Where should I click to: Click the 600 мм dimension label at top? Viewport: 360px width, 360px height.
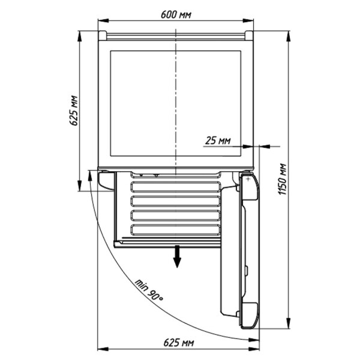176,14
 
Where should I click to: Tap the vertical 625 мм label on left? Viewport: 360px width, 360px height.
74,110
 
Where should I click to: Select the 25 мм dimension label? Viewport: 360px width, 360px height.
218,140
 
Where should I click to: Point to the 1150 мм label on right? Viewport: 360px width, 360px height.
282,179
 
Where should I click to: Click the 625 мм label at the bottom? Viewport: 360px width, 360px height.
179,343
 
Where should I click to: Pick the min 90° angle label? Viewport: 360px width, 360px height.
149,290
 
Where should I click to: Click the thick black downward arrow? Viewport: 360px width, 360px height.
177,256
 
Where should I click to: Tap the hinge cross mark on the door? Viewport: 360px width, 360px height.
248,179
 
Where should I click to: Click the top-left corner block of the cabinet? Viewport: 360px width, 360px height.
102,35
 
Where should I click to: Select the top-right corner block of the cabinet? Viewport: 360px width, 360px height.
249,35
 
